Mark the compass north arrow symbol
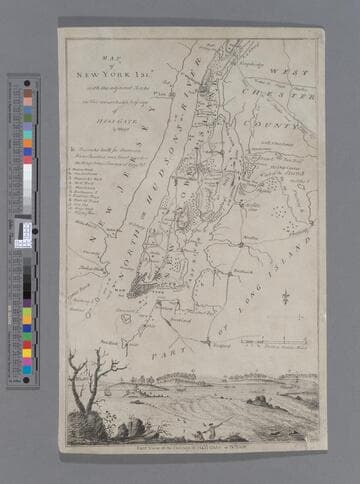tap(285, 297)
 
